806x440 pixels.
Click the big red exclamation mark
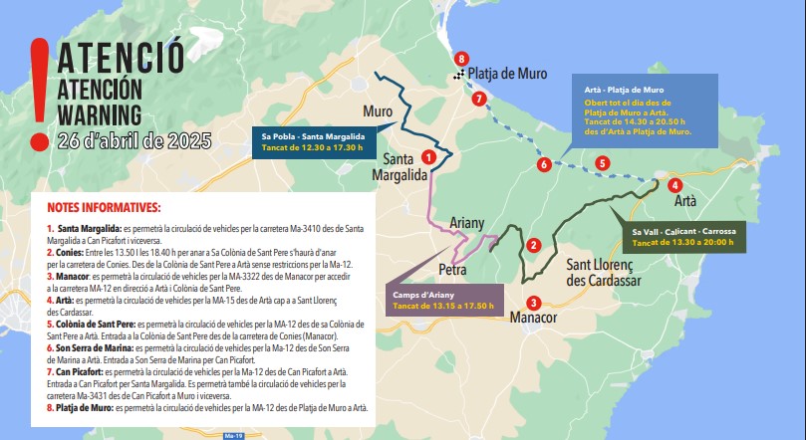(38, 91)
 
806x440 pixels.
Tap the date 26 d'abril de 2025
(134, 140)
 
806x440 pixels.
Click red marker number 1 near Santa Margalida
(428, 156)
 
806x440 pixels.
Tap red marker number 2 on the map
(534, 245)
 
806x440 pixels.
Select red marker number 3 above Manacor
(534, 303)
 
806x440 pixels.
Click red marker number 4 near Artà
(675, 184)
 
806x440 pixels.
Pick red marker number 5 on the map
(602, 162)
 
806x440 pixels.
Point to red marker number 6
(543, 164)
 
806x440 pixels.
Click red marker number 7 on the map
(479, 98)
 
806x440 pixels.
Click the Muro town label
(378, 110)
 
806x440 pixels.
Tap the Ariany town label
(466, 224)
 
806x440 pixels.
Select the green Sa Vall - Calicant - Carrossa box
(682, 237)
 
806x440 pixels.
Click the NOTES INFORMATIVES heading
(104, 208)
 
